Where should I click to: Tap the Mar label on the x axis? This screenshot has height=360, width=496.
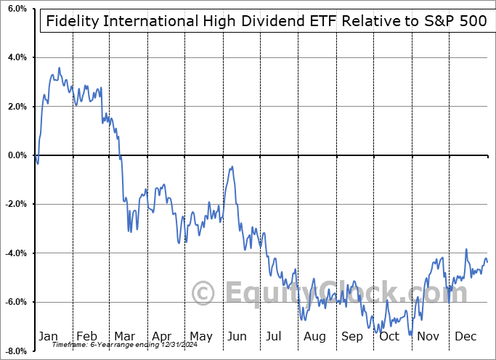click(125, 336)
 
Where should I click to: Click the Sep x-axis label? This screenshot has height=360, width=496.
click(352, 336)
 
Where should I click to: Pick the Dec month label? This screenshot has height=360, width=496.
click(466, 336)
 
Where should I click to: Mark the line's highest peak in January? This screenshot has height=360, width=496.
click(59, 68)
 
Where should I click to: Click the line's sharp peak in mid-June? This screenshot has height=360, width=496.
click(232, 167)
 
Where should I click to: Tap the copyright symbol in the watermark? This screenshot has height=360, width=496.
click(204, 294)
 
